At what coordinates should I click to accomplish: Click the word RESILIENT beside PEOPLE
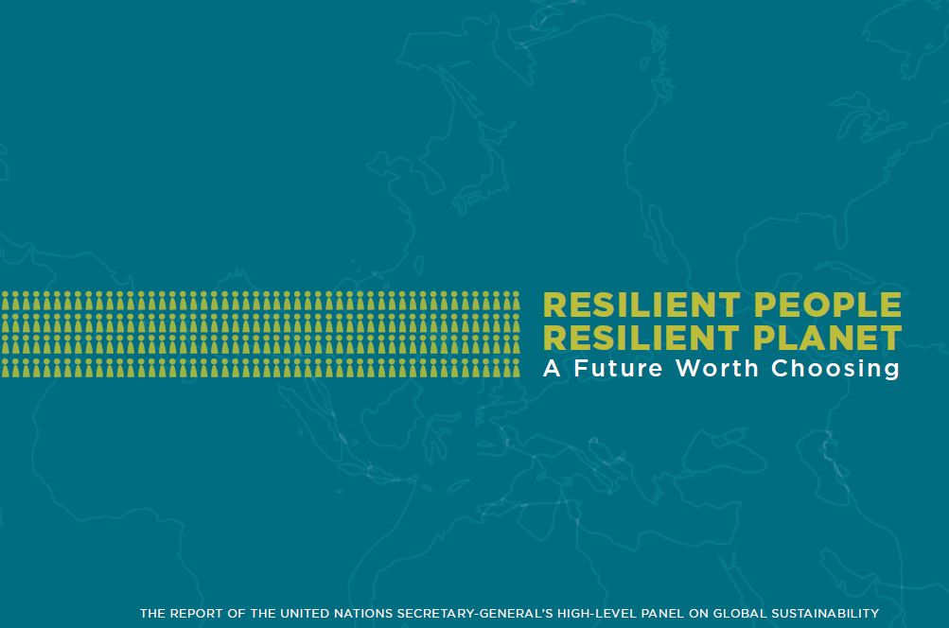coord(641,305)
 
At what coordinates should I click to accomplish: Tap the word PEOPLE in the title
coord(829,305)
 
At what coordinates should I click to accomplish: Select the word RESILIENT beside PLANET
coord(641,338)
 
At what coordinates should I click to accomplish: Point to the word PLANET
coord(828,338)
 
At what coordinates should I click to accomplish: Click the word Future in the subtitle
coord(619,368)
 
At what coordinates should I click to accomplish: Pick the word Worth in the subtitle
coord(717,368)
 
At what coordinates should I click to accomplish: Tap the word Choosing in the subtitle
coord(835,369)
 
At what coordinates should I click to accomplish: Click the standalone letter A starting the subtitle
coord(552,368)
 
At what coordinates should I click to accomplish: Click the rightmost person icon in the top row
coord(517,301)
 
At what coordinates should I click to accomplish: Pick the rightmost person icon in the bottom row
coord(517,368)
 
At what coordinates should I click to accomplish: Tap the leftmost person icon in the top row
coord(6,301)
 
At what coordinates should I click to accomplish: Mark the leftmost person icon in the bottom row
coord(6,368)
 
